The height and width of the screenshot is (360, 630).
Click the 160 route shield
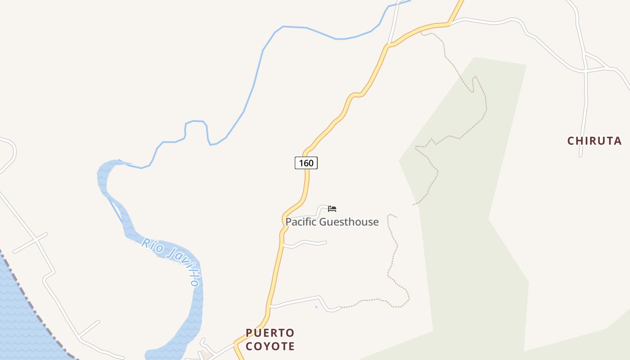pyautogui.click(x=306, y=163)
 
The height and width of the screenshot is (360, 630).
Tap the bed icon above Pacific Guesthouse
pyautogui.click(x=332, y=208)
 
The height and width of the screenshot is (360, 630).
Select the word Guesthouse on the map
pyautogui.click(x=349, y=222)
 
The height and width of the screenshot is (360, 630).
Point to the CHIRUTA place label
pyautogui.click(x=594, y=141)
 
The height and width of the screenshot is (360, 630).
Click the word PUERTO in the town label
pyautogui.click(x=270, y=333)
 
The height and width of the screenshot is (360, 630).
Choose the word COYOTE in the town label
pyautogui.click(x=270, y=346)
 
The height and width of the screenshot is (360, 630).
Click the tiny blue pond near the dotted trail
pyautogui.click(x=316, y=307)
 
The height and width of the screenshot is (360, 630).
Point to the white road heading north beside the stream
pyautogui.click(x=394, y=22)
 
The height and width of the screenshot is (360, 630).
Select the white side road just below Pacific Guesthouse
pyautogui.click(x=306, y=243)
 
